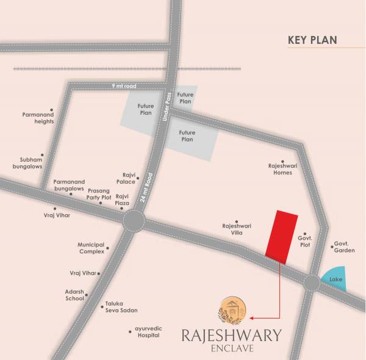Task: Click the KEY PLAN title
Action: pyautogui.click(x=312, y=41)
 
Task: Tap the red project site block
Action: pyautogui.click(x=282, y=236)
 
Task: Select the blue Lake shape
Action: pyautogui.click(x=335, y=279)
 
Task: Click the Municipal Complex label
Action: pyautogui.click(x=91, y=248)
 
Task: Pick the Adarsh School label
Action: pyautogui.click(x=74, y=295)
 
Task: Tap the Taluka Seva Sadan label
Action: pyautogui.click(x=121, y=307)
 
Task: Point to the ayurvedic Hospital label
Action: pyautogui.click(x=148, y=333)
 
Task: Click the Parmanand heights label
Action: pyautogui.click(x=38, y=117)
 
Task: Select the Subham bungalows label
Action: pyautogui.click(x=26, y=163)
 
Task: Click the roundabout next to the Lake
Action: pyautogui.click(x=312, y=283)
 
